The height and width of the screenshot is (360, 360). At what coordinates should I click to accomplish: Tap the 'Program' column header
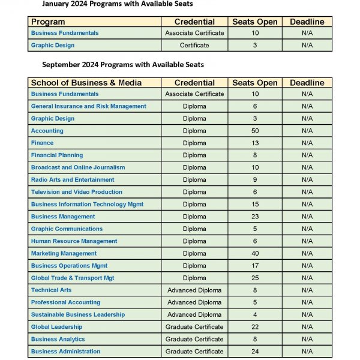(x=48, y=22)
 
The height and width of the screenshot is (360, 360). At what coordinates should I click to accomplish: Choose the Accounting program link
(x=47, y=131)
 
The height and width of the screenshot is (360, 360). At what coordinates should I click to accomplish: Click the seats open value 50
(x=255, y=131)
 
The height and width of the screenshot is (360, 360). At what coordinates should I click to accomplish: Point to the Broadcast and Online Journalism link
(x=78, y=167)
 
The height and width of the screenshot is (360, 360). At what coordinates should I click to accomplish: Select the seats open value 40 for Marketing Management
(x=255, y=253)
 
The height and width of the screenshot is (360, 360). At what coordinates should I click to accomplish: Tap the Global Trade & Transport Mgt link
(x=73, y=278)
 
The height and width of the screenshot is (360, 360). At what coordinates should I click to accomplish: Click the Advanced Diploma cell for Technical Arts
(x=194, y=290)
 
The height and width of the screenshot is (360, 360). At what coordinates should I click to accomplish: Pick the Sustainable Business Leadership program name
(x=78, y=314)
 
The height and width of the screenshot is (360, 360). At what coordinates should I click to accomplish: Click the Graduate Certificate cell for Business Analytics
(x=194, y=339)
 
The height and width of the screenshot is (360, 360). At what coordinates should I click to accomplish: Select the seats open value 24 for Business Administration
(x=255, y=352)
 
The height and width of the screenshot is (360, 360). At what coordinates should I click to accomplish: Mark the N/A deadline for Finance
(x=307, y=143)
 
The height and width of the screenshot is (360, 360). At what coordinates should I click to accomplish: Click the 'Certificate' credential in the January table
(x=194, y=45)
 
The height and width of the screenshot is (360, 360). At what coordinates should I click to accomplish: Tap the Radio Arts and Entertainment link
(x=73, y=179)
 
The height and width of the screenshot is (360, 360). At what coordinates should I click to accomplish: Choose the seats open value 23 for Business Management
(x=255, y=217)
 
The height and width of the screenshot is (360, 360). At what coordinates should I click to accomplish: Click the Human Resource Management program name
(x=74, y=241)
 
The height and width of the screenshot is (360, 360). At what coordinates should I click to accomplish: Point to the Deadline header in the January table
(x=307, y=22)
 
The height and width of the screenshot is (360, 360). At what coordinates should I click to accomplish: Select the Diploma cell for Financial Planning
(x=194, y=155)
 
